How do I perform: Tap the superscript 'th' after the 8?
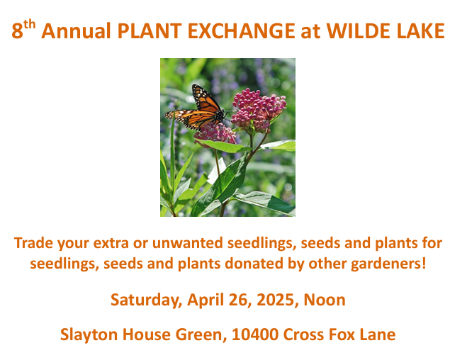tap(30, 26)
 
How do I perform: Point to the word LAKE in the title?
tap(421, 30)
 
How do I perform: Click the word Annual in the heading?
tap(76, 30)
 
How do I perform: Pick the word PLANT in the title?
tap(150, 30)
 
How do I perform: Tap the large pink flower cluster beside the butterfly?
tap(259, 110)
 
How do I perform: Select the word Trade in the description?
tap(33, 243)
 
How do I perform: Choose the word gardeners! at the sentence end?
tap(388, 264)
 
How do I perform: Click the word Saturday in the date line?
tap(146, 300)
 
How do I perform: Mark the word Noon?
tap(325, 300)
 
